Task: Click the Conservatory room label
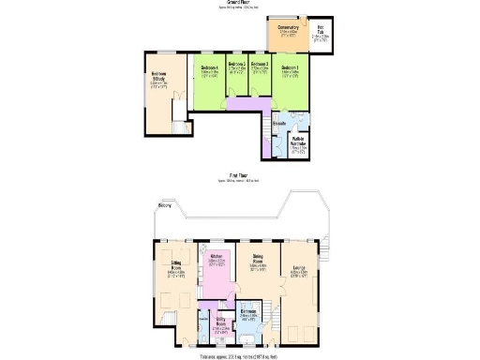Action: coord(289,27)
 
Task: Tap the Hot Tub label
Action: coord(320,28)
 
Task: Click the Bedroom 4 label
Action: coord(210,67)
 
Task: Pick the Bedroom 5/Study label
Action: coord(158,78)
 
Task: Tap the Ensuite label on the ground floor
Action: coord(279,124)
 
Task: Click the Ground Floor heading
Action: coord(239,4)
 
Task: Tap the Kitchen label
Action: coord(216,256)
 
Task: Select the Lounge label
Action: coord(298,268)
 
